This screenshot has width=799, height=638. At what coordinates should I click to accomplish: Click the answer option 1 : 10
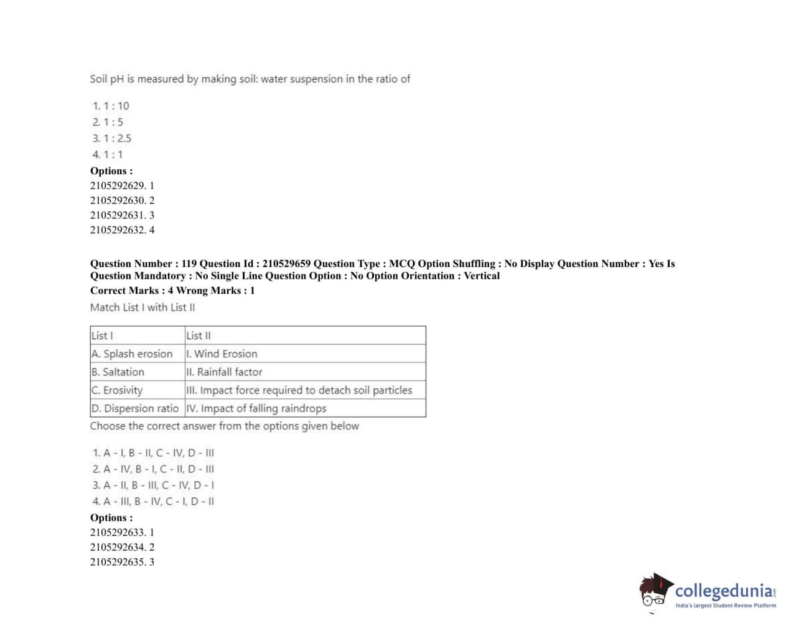coord(111,106)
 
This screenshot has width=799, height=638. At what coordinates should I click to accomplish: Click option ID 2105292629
coord(118,185)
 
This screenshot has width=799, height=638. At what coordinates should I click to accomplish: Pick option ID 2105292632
coord(118,230)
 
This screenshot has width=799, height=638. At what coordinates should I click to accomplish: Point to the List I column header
coord(103,335)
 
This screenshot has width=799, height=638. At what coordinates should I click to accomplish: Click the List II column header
coord(199,335)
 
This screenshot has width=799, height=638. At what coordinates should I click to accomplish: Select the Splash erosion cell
coord(132,354)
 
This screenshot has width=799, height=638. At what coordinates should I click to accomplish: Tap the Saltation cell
coord(118,372)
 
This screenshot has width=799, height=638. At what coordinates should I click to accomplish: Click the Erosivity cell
coord(117,390)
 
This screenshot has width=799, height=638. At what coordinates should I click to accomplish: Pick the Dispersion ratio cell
coord(135,408)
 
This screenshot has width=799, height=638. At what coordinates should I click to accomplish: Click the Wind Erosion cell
coord(222,354)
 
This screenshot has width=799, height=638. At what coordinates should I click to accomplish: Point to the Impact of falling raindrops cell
coord(256,408)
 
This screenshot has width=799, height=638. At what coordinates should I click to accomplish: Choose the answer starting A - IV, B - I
coord(153,469)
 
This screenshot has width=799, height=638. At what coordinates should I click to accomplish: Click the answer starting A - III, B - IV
coord(153,501)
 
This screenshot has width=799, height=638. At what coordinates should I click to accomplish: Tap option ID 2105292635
coord(118,562)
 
